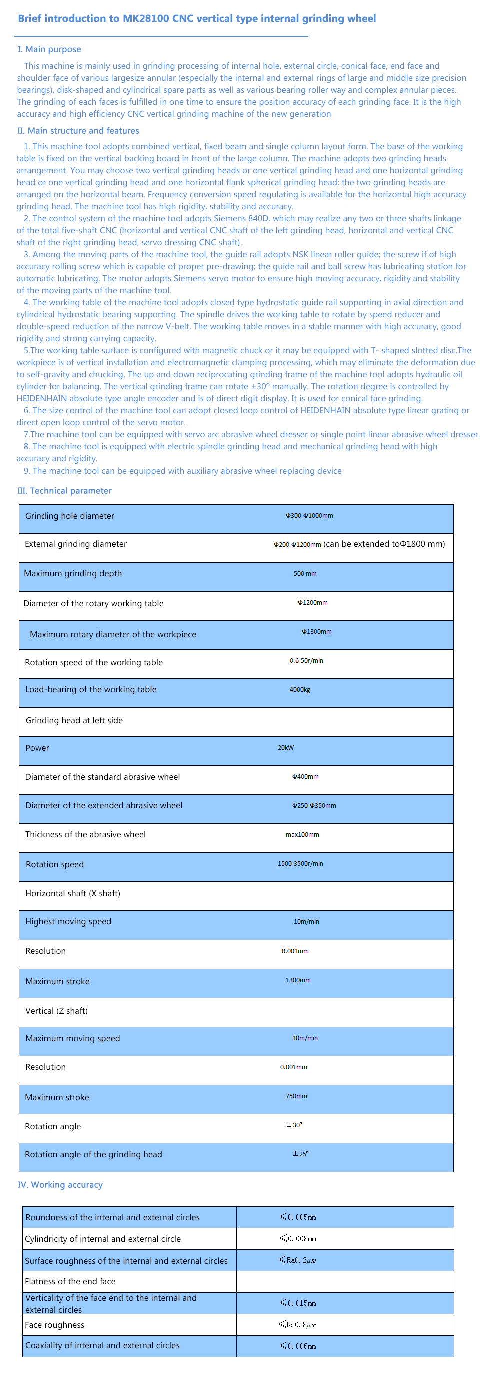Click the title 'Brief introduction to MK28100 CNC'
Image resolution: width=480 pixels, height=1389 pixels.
(196, 19)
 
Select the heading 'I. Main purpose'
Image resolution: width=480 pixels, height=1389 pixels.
(49, 49)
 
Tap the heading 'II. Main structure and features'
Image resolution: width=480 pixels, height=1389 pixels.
(78, 131)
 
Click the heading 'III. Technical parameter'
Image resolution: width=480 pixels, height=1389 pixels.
(64, 490)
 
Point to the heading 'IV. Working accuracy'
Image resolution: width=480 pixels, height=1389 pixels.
(60, 1185)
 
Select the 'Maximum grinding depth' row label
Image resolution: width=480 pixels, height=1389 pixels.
(73, 573)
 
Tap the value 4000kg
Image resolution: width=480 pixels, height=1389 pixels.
(300, 690)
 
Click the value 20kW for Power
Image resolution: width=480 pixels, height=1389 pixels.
(286, 748)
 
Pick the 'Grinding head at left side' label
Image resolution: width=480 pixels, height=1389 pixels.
(74, 720)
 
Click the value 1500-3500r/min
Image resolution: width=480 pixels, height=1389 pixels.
(300, 864)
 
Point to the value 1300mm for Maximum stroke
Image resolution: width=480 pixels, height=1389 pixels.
(298, 980)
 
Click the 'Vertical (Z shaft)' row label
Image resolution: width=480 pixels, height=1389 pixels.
(56, 1011)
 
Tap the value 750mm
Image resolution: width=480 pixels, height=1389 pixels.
(297, 1096)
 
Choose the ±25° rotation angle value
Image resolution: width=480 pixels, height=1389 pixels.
(300, 1154)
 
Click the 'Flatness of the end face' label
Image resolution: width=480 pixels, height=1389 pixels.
(70, 1281)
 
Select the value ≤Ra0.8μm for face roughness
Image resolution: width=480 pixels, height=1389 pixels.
(297, 1324)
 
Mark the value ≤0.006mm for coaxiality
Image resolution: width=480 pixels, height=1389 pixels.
(298, 1346)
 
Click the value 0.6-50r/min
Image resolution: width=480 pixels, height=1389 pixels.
(306, 661)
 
